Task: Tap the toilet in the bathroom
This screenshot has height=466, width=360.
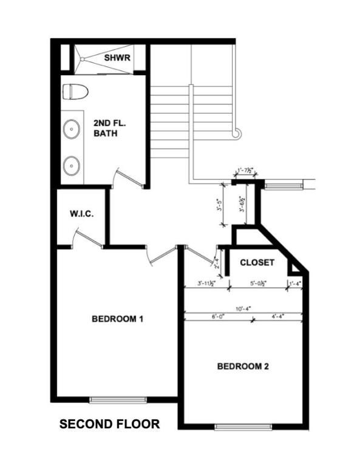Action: point(75,92)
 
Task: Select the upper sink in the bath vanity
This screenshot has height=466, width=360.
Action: point(72,129)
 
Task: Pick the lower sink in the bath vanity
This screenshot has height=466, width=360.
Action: point(72,163)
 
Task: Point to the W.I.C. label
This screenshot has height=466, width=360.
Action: point(81,214)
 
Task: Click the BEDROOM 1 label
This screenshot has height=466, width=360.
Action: point(117,319)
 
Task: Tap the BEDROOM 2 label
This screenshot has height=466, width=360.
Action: point(243,366)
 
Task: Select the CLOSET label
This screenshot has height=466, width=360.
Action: point(257,263)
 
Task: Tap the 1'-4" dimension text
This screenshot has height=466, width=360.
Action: point(295,283)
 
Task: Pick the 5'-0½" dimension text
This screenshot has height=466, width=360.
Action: point(257,283)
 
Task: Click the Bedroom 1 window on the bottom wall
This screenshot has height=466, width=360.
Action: point(118,399)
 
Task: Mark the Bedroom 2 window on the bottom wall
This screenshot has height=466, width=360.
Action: point(243,427)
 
